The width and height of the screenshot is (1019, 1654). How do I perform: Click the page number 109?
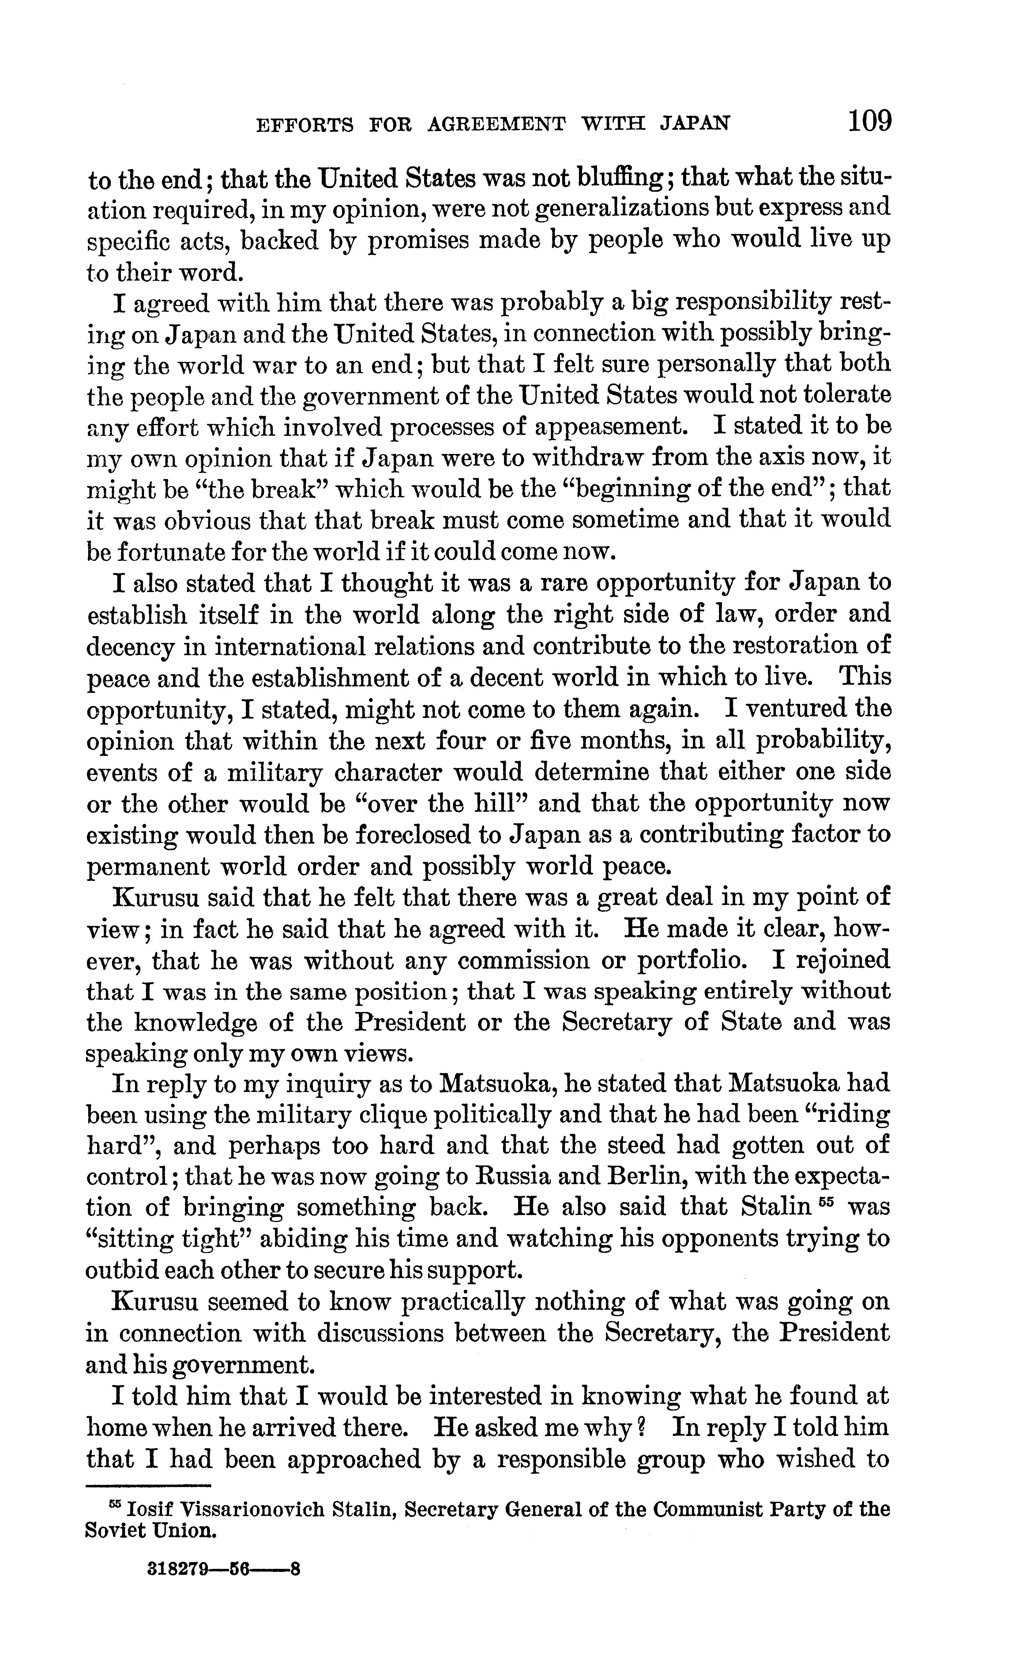coord(869,122)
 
